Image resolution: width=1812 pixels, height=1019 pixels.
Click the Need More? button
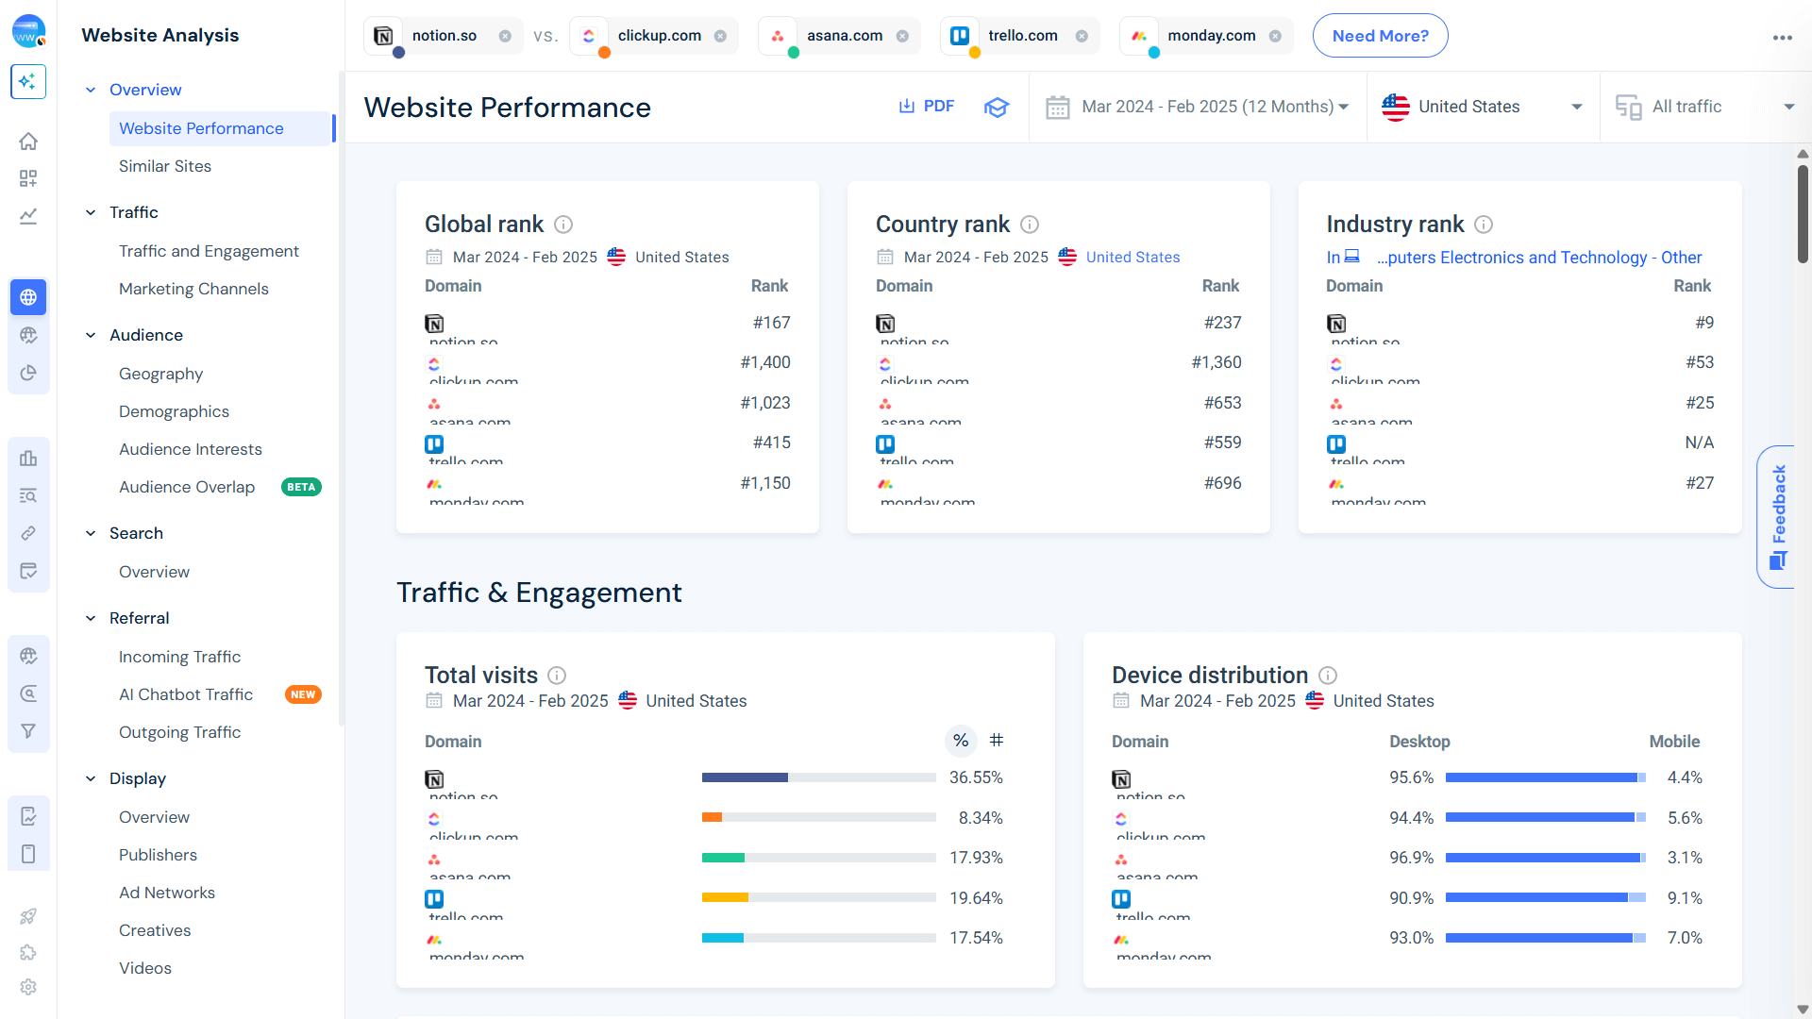tap(1380, 36)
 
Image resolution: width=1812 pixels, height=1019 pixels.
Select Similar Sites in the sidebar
tap(165, 166)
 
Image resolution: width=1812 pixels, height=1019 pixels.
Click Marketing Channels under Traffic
tap(193, 289)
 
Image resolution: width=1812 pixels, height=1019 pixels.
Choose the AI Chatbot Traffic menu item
tap(186, 694)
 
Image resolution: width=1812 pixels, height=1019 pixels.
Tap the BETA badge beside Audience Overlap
tap(301, 488)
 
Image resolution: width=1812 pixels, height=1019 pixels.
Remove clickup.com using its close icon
tap(720, 36)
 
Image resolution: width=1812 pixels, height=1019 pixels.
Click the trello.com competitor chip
tap(1022, 36)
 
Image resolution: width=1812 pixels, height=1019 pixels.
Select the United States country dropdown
tap(1482, 107)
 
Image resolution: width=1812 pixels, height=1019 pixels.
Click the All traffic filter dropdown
tap(1703, 107)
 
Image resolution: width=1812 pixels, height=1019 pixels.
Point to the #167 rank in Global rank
tap(771, 323)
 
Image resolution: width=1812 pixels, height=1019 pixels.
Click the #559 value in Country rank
tap(1222, 443)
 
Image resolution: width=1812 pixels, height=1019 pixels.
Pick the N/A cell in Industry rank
tap(1699, 443)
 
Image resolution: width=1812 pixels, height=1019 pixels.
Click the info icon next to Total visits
tap(557, 676)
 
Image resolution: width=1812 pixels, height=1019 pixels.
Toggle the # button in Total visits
tap(996, 741)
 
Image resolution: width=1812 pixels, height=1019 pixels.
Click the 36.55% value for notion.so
tap(976, 777)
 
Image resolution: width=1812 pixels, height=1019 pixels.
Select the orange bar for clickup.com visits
tap(712, 818)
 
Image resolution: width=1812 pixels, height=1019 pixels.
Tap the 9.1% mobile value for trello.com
tap(1684, 898)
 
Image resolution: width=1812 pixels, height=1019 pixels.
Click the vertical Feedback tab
tap(1778, 516)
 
